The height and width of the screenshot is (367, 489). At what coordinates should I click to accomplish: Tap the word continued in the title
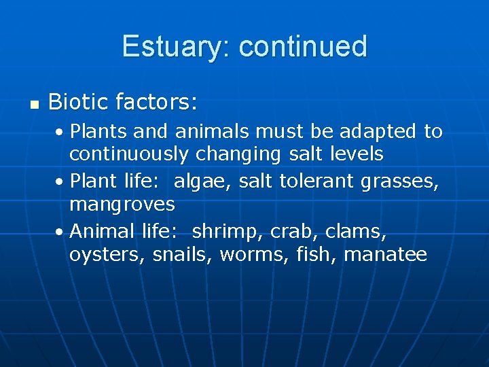coord(303,47)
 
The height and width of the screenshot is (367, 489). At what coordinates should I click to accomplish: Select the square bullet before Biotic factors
coord(34,104)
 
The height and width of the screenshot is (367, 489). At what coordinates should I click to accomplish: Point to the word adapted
coord(378,131)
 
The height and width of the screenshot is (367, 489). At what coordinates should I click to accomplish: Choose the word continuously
coord(129,154)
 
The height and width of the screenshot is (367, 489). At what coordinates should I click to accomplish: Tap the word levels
coord(355,154)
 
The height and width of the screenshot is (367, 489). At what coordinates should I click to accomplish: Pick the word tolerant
coord(321,181)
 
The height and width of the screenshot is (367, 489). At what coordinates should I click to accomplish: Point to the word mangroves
coord(122,204)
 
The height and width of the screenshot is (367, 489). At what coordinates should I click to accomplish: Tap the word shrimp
coord(225,232)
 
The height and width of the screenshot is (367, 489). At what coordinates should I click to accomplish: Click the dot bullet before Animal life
coord(60,232)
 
